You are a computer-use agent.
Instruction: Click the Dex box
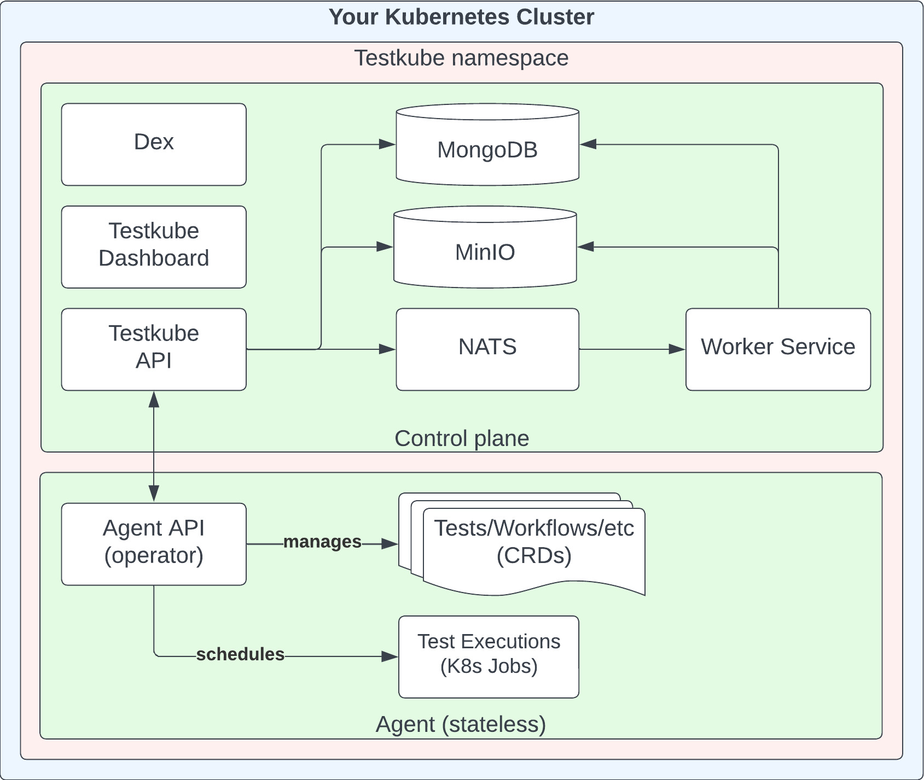154,144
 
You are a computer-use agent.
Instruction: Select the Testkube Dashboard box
154,247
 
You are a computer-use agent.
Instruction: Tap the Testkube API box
154,349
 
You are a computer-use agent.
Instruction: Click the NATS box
487,349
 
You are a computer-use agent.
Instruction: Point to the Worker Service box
778,349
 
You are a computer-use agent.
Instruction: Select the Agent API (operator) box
154,543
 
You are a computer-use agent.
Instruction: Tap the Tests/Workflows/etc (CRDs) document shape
533,547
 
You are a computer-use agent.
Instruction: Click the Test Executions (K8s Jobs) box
489,656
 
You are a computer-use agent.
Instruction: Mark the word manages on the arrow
322,542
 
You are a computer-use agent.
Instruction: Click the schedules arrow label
240,654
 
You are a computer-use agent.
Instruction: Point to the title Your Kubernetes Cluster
461,17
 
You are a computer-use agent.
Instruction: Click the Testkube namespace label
461,58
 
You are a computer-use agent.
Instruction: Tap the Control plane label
461,438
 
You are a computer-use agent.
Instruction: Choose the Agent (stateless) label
461,724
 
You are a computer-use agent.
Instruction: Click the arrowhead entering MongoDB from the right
589,144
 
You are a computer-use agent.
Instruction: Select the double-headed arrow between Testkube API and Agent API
154,445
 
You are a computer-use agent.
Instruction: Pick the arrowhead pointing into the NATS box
387,349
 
